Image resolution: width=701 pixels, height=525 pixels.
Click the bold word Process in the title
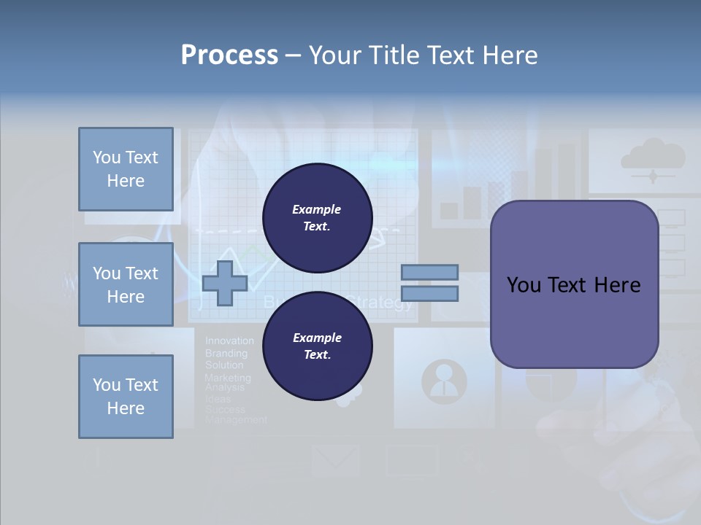point(229,55)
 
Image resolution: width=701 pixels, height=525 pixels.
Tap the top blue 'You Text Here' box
point(126,169)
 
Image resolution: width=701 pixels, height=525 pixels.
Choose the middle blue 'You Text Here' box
point(126,284)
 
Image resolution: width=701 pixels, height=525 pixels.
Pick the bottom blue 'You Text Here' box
point(126,396)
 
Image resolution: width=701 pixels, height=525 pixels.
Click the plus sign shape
point(224,284)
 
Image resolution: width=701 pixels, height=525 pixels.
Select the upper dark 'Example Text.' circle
point(317,217)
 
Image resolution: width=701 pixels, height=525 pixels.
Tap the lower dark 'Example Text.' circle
point(317,346)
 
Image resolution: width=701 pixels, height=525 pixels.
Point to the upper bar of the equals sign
point(429,272)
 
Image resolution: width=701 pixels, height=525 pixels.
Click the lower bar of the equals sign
point(429,294)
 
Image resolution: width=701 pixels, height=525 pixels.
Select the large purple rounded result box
point(574,284)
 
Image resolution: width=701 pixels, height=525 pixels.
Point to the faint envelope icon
point(335,460)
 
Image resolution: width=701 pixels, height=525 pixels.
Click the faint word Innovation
point(229,341)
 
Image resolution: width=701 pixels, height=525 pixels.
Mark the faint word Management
point(236,420)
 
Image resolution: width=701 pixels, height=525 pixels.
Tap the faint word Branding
point(226,353)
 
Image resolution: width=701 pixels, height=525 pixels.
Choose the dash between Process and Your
point(293,55)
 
